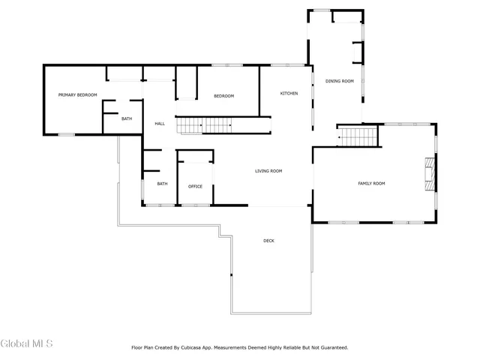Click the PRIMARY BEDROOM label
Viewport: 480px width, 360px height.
point(78,95)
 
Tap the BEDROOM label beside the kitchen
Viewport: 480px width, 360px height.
point(223,96)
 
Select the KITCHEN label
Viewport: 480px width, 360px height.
point(289,94)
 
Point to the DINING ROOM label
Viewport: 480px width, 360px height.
point(339,81)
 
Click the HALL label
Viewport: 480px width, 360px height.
point(160,124)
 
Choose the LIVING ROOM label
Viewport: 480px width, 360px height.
point(268,171)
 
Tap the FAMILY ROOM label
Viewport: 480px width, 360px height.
point(370,183)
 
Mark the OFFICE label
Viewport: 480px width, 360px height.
point(195,187)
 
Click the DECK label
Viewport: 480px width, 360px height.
point(268,241)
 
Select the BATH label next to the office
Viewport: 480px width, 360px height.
point(162,184)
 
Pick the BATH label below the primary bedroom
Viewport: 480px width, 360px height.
point(127,118)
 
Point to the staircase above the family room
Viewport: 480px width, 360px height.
point(357,137)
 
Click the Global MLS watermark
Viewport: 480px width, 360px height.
point(26,343)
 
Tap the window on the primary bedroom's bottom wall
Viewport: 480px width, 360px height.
point(66,134)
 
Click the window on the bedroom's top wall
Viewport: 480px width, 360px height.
point(221,65)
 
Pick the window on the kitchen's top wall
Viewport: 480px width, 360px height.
point(281,65)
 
